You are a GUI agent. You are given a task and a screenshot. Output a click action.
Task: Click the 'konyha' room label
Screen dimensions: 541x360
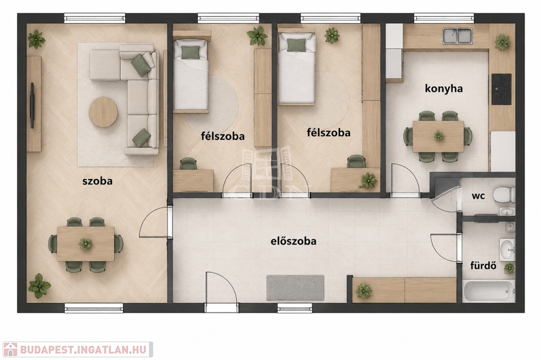click(444, 89)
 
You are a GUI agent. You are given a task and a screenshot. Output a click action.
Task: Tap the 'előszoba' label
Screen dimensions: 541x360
click(293, 241)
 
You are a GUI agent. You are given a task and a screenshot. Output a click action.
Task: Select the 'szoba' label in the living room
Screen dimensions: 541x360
click(97, 181)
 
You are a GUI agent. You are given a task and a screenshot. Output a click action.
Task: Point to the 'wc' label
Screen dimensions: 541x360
click(478, 196)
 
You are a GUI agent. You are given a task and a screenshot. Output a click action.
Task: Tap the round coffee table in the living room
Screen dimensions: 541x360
click(103, 112)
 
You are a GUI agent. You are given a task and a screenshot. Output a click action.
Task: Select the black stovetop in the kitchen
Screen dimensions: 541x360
click(501, 89)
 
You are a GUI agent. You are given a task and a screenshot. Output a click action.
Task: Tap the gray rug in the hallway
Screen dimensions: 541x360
click(295, 288)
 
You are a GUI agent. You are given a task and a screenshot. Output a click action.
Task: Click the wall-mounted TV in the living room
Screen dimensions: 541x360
click(32, 105)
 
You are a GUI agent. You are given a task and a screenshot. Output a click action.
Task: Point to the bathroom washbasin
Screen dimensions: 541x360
click(507, 249)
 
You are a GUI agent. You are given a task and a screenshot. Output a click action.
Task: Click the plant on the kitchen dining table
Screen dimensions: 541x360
click(439, 136)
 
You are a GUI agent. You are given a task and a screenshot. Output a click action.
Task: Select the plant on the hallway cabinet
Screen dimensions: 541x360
click(363, 291)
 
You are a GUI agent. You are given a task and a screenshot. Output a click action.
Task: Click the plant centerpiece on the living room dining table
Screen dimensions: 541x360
click(86, 244)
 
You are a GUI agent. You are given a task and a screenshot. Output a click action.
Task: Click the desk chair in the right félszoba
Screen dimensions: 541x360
click(356, 162)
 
